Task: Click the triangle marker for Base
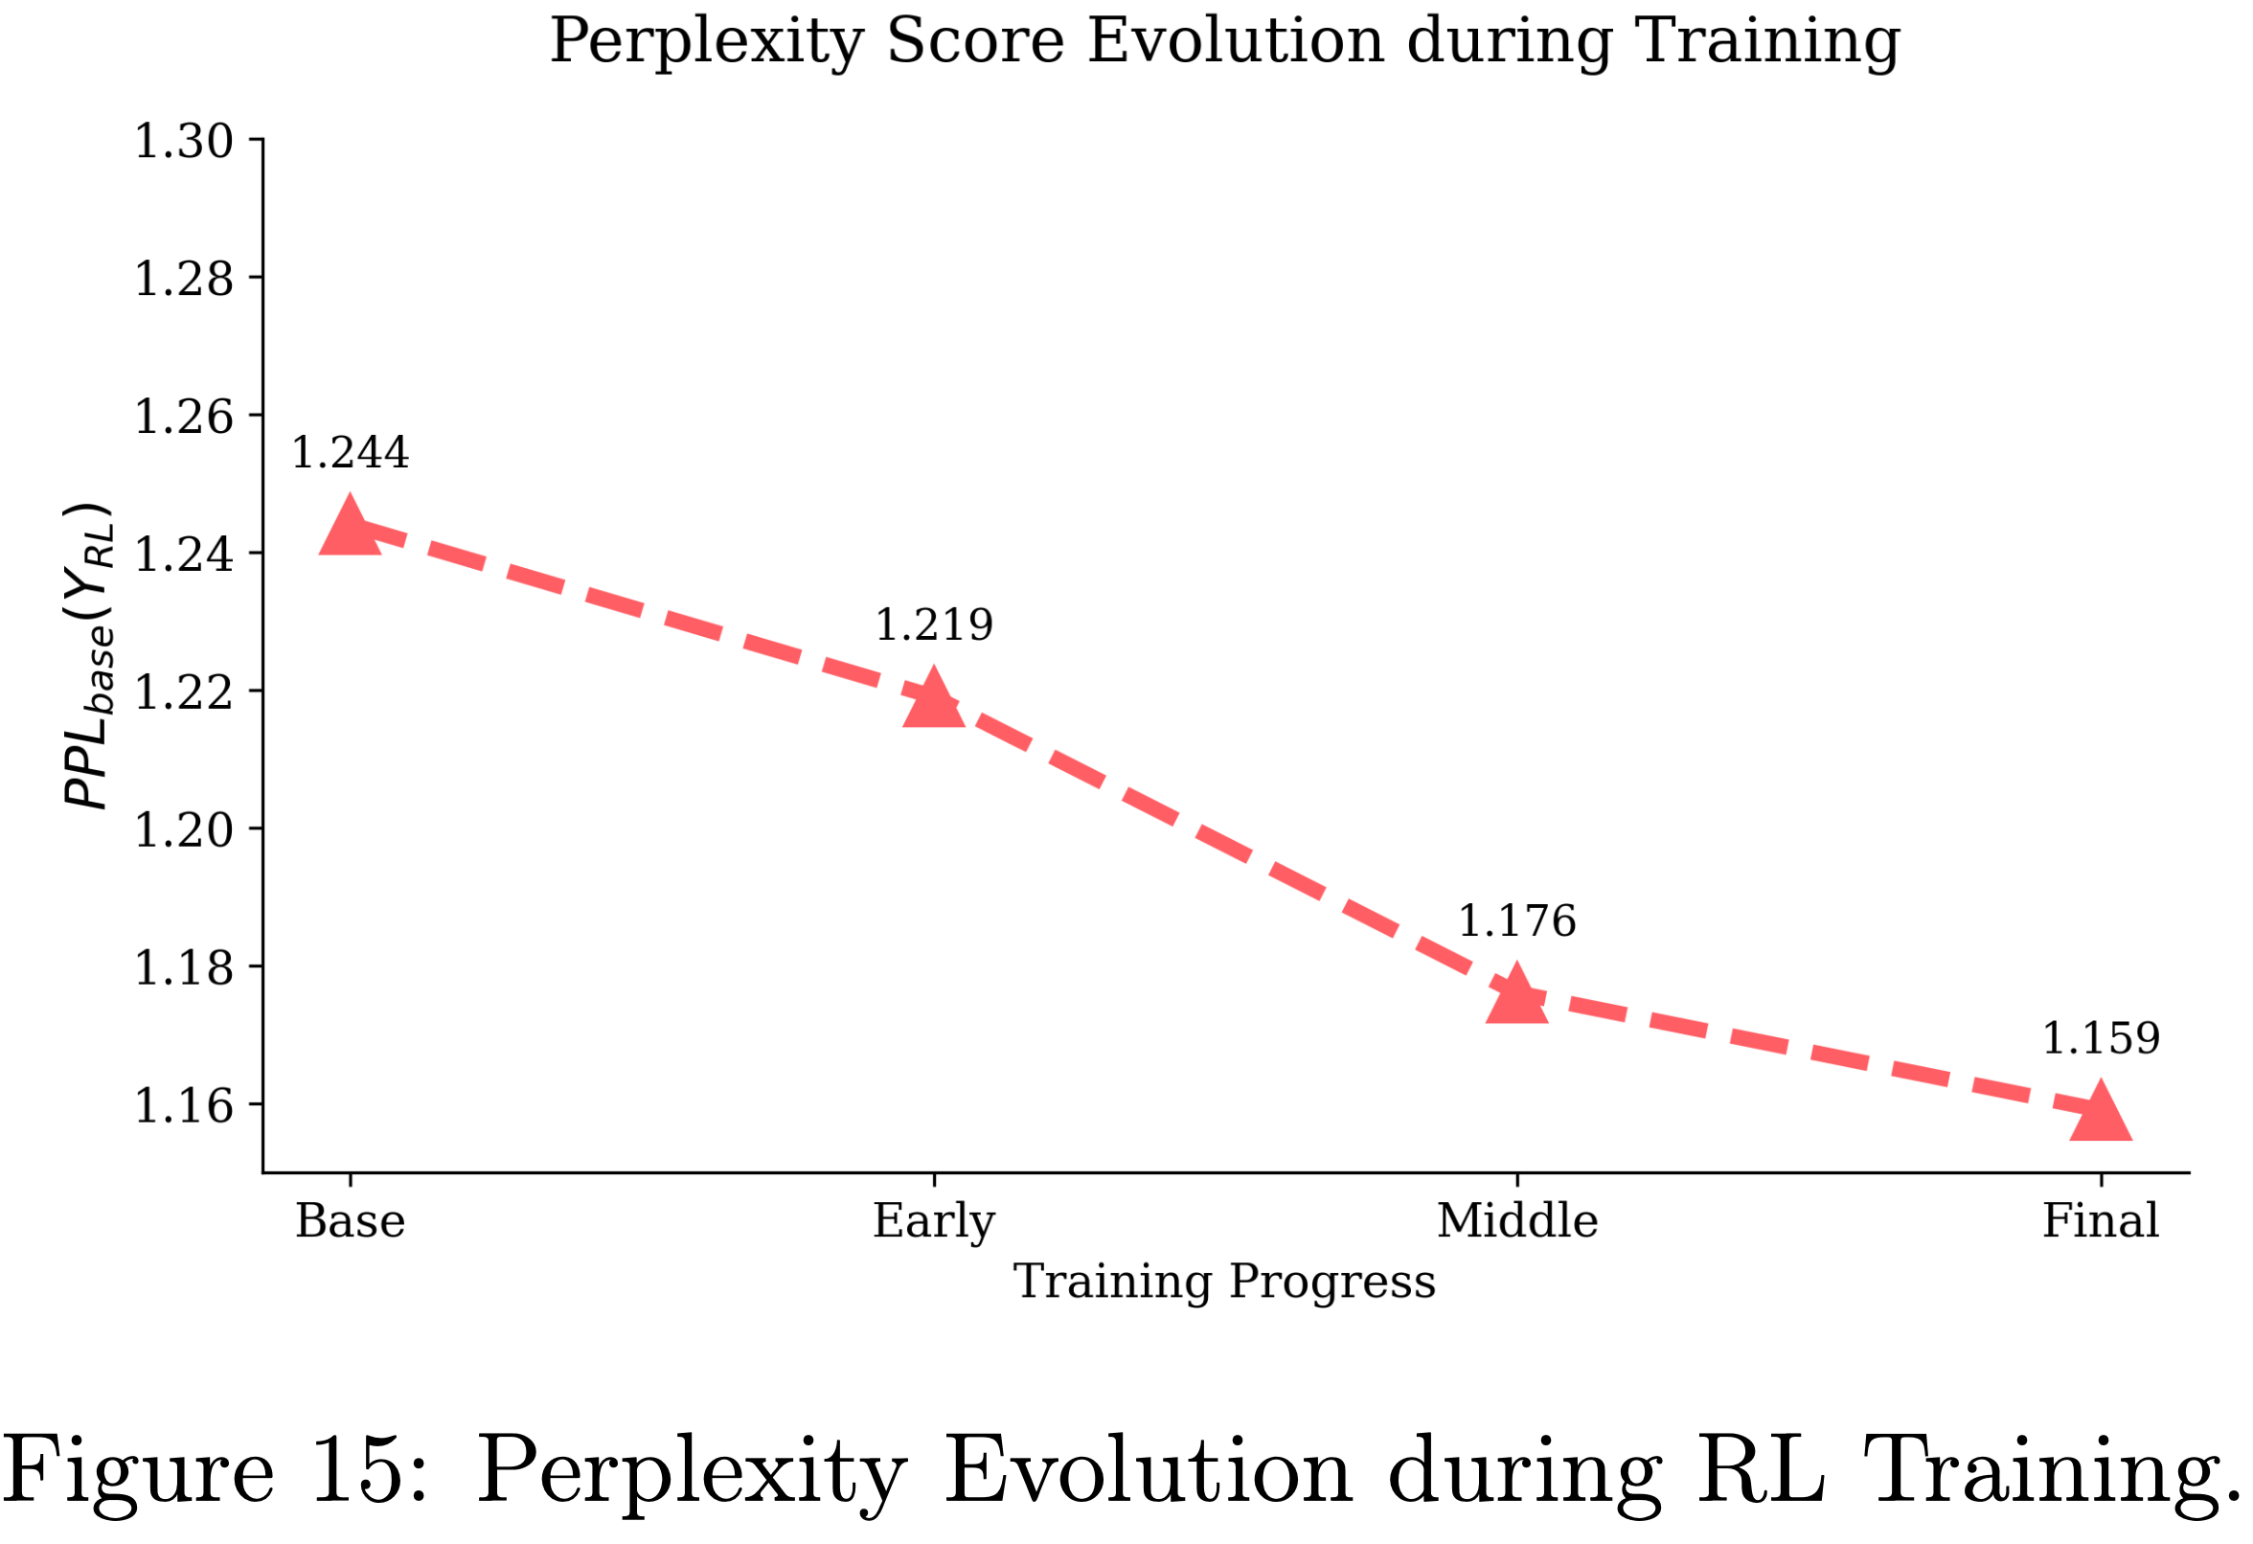(350, 526)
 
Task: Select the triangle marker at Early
(934, 698)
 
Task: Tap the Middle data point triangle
(1517, 995)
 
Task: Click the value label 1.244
(350, 453)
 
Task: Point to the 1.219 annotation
(934, 625)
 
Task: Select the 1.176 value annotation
(1517, 921)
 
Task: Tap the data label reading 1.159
(2101, 1039)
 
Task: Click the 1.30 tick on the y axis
(183, 142)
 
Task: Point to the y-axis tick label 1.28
(183, 279)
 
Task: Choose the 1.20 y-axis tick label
(183, 829)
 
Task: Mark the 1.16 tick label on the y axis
(183, 1106)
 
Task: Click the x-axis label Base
(350, 1220)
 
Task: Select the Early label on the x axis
(934, 1220)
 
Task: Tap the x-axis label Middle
(1517, 1220)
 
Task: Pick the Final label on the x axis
(2101, 1220)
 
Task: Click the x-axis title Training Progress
(1224, 1282)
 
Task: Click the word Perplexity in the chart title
(707, 42)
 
